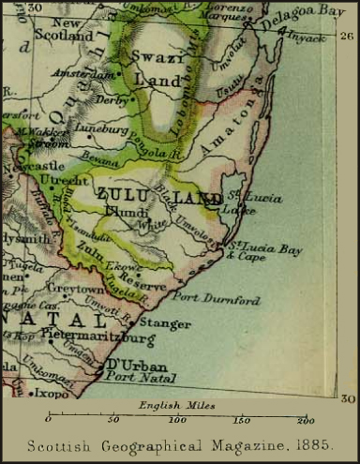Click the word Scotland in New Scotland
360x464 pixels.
pyautogui.click(x=62, y=36)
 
